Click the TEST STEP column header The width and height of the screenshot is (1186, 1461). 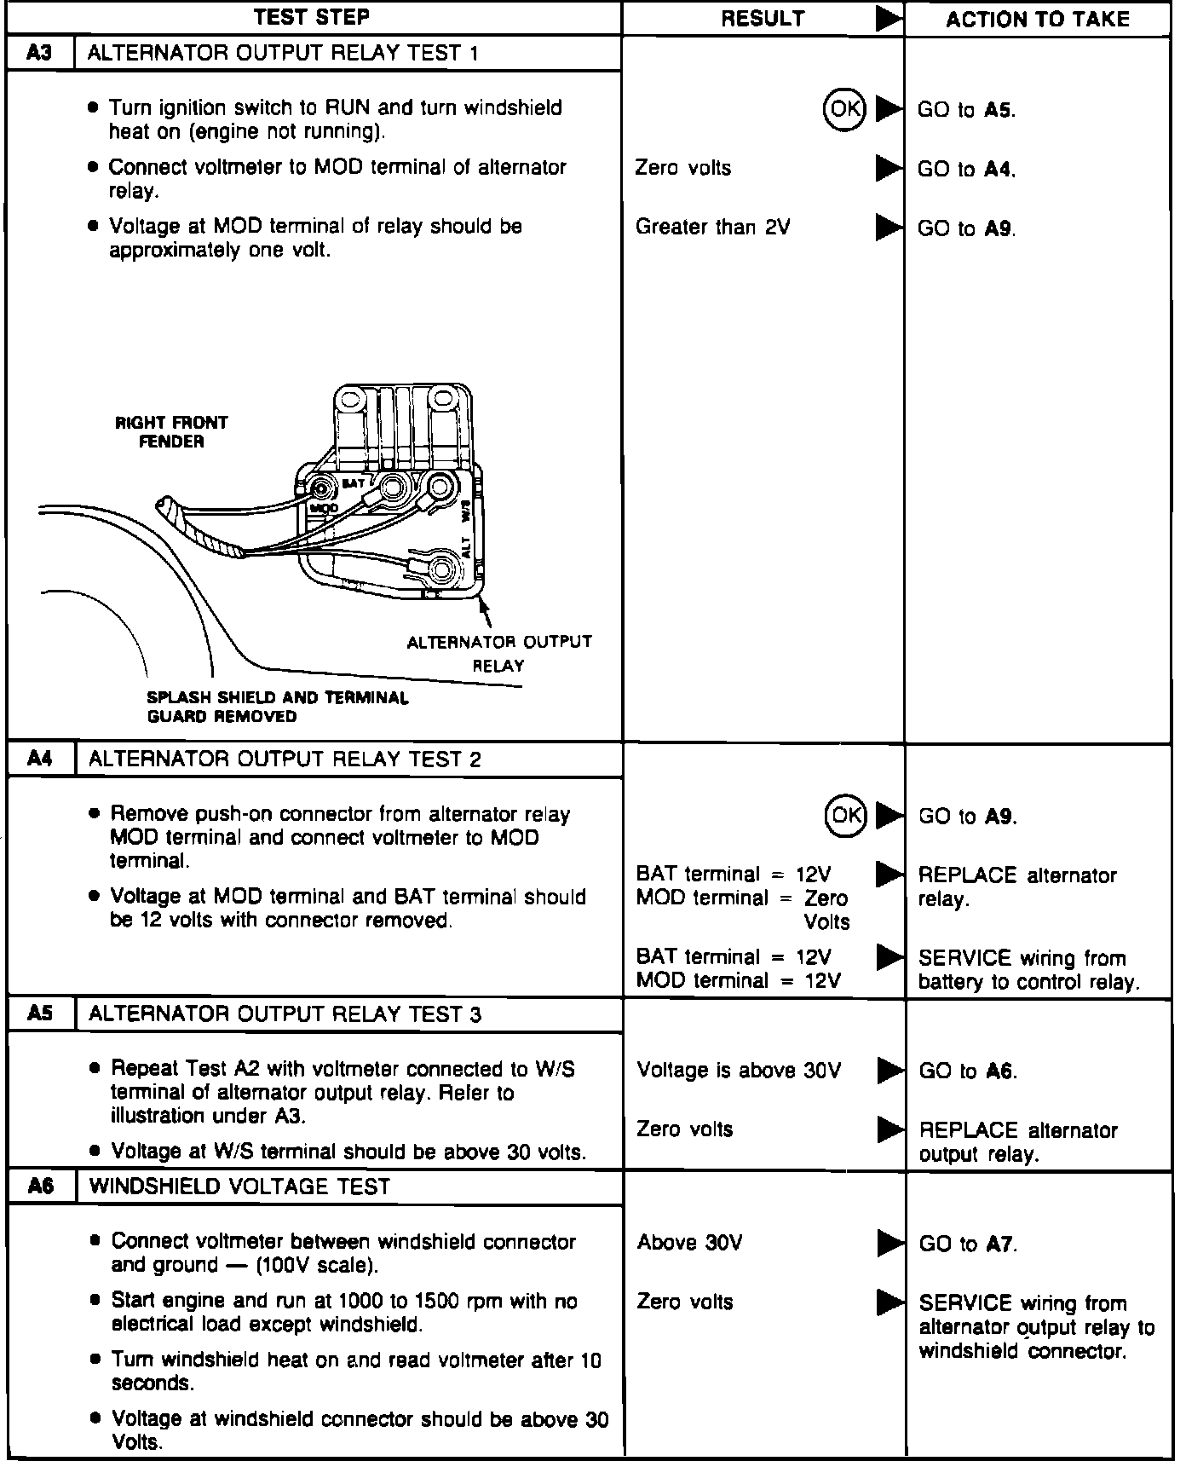click(x=312, y=17)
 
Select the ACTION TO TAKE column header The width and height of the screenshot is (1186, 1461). click(x=1037, y=19)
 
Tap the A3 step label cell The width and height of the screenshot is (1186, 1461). click(x=39, y=53)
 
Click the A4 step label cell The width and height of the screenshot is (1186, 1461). click(x=40, y=759)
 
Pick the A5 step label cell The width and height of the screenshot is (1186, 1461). click(x=40, y=1013)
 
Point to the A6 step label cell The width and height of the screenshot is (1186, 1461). click(x=41, y=1186)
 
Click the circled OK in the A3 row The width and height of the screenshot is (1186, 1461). click(x=844, y=109)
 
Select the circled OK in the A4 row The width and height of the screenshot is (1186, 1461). click(x=845, y=815)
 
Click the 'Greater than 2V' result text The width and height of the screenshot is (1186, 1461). click(x=712, y=227)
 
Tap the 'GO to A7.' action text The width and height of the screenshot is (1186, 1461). click(x=968, y=1244)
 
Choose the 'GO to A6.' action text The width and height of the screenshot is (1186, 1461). click(x=968, y=1071)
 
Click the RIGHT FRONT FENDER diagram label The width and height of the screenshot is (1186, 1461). click(x=171, y=432)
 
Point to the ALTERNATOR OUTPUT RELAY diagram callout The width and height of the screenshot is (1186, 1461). click(x=499, y=653)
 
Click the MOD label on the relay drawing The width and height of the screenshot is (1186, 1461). click(x=323, y=508)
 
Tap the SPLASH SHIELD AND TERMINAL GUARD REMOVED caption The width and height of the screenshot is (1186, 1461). click(x=278, y=707)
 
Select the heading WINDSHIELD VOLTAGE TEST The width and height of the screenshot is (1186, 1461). click(x=239, y=1186)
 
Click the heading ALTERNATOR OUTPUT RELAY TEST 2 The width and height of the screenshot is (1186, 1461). click(x=285, y=759)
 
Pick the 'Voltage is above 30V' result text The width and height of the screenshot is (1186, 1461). click(x=739, y=1070)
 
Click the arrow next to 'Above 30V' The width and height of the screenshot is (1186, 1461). click(x=889, y=1244)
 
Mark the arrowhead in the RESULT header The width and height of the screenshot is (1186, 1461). click(x=888, y=19)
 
